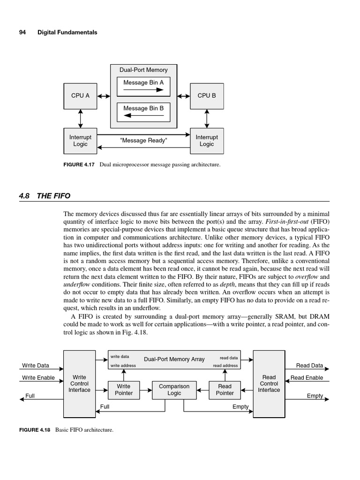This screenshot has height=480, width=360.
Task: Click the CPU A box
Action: tap(80, 96)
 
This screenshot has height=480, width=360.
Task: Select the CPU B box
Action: tap(207, 96)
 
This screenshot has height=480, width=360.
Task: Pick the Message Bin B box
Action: tap(143, 112)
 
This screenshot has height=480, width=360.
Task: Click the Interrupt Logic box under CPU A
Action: tap(80, 141)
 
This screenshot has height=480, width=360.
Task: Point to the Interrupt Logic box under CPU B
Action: tap(207, 141)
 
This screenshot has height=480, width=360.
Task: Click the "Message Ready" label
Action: tap(143, 141)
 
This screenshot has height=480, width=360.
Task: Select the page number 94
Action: tap(22, 32)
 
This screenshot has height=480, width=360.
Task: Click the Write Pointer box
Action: tap(124, 390)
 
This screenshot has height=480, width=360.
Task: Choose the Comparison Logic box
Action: tap(174, 390)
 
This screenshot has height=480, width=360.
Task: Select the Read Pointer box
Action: tap(225, 390)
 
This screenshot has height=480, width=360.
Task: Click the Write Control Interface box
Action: tap(79, 383)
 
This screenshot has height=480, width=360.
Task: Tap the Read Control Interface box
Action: tap(269, 383)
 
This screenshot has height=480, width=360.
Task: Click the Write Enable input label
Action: tap(38, 378)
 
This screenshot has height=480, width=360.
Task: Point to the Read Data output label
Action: tap(309, 366)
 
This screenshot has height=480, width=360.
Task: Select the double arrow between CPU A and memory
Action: tap(104, 96)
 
